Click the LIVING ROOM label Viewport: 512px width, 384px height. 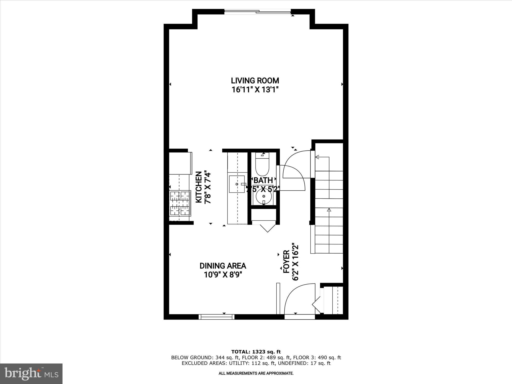(255, 81)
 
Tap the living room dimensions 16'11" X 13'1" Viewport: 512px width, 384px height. (255, 89)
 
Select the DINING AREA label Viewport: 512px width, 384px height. (223, 266)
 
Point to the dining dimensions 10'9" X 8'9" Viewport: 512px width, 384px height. (223, 275)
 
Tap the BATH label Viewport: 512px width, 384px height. (263, 180)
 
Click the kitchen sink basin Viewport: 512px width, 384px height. (236, 184)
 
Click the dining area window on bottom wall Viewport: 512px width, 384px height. (216, 317)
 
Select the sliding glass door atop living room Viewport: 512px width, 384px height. (257, 11)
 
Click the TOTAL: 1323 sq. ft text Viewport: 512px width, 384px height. (256, 352)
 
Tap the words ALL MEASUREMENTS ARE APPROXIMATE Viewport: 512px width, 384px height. (256, 373)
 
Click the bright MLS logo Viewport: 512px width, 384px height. (31, 374)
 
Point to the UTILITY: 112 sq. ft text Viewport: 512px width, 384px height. (251, 363)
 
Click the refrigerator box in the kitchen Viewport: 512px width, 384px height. (180, 163)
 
